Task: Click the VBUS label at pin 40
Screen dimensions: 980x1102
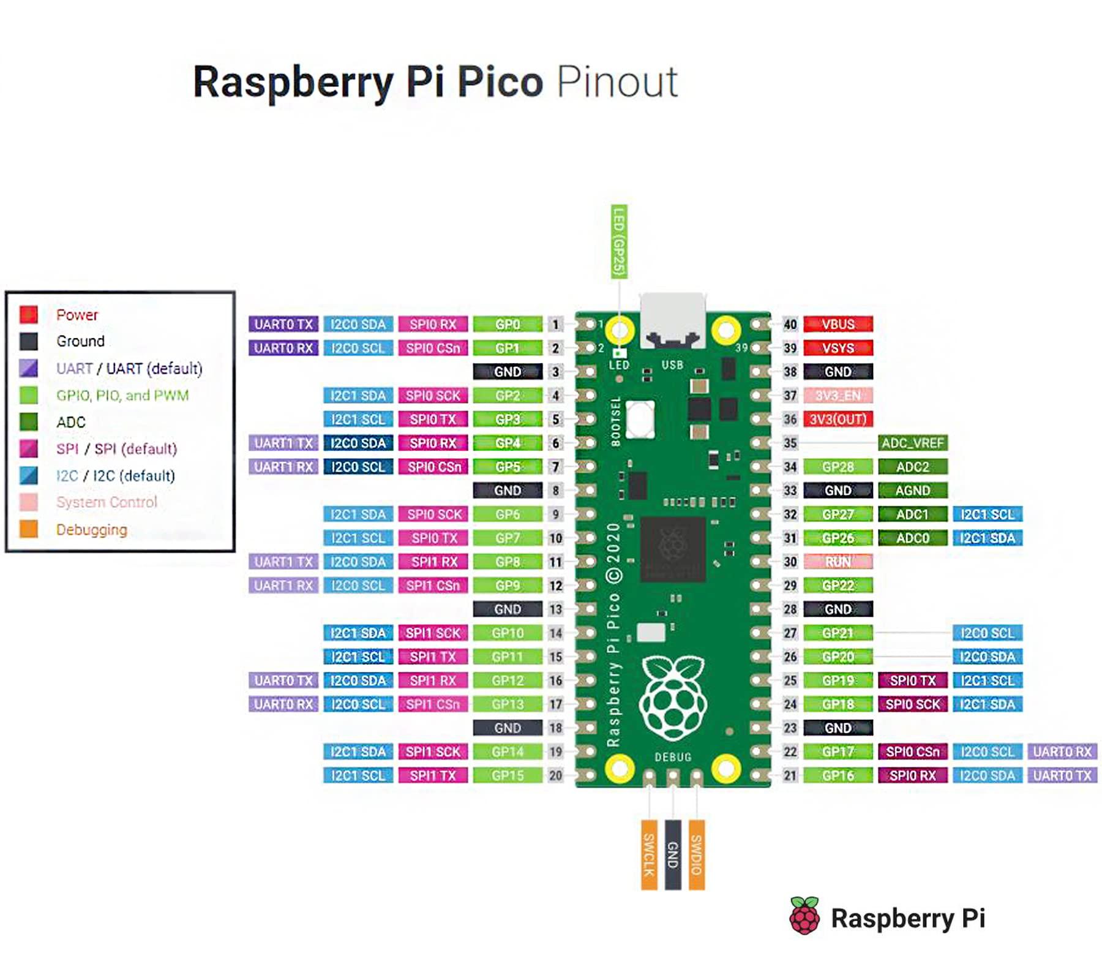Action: click(838, 324)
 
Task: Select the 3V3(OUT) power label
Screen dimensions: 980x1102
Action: click(838, 419)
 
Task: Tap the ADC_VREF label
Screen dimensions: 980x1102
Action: click(912, 443)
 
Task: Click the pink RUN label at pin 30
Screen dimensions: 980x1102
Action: click(838, 562)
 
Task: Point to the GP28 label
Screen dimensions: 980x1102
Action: click(838, 467)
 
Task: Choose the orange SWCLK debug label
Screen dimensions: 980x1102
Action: click(649, 854)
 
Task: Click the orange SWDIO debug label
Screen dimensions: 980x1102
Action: click(696, 854)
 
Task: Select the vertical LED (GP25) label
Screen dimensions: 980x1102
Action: click(619, 241)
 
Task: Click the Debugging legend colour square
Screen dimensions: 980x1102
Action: click(29, 529)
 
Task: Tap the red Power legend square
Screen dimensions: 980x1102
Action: click(29, 314)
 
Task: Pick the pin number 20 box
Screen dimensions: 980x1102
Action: click(555, 775)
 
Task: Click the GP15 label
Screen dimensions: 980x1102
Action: click(508, 775)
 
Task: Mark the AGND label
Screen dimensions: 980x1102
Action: click(912, 491)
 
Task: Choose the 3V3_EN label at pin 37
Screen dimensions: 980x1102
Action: click(838, 396)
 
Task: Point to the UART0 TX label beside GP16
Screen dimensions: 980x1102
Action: click(1062, 775)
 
